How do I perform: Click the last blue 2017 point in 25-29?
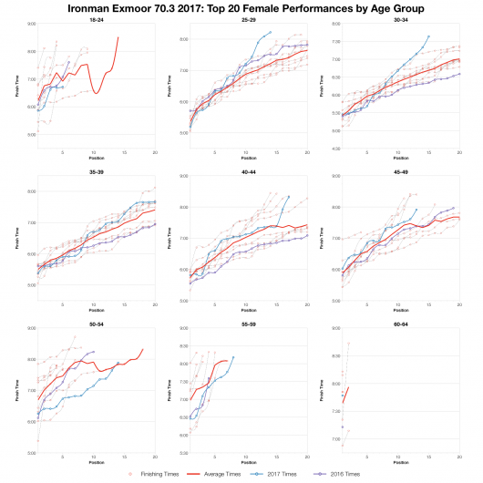pyautogui.click(x=270, y=32)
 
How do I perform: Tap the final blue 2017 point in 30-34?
pyautogui.click(x=428, y=36)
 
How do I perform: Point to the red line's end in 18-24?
pyautogui.click(x=118, y=37)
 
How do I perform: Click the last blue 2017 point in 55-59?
pyautogui.click(x=233, y=357)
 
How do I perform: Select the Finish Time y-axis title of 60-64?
pyautogui.click(x=322, y=389)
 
